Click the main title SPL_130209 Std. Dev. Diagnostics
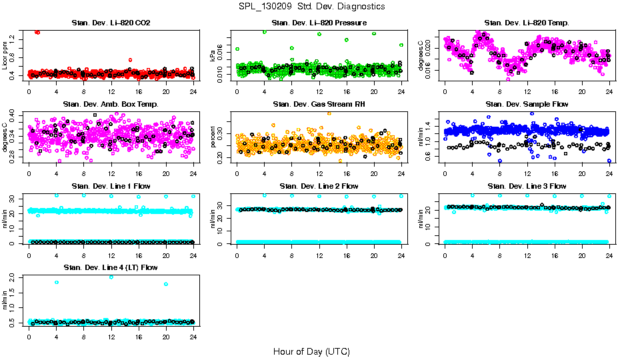(x=311, y=6)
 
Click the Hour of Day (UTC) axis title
(x=311, y=351)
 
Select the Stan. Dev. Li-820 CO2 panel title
(x=111, y=23)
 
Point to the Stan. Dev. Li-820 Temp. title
(x=527, y=23)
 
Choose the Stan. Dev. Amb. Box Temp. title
(x=111, y=105)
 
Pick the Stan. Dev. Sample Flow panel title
(x=527, y=105)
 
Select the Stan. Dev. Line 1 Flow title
(x=111, y=186)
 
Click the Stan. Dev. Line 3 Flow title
(x=527, y=186)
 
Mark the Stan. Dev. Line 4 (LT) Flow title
(x=111, y=267)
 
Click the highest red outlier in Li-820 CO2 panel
(x=37, y=31)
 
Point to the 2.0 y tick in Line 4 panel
(x=15, y=277)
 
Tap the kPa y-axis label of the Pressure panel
(x=213, y=57)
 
